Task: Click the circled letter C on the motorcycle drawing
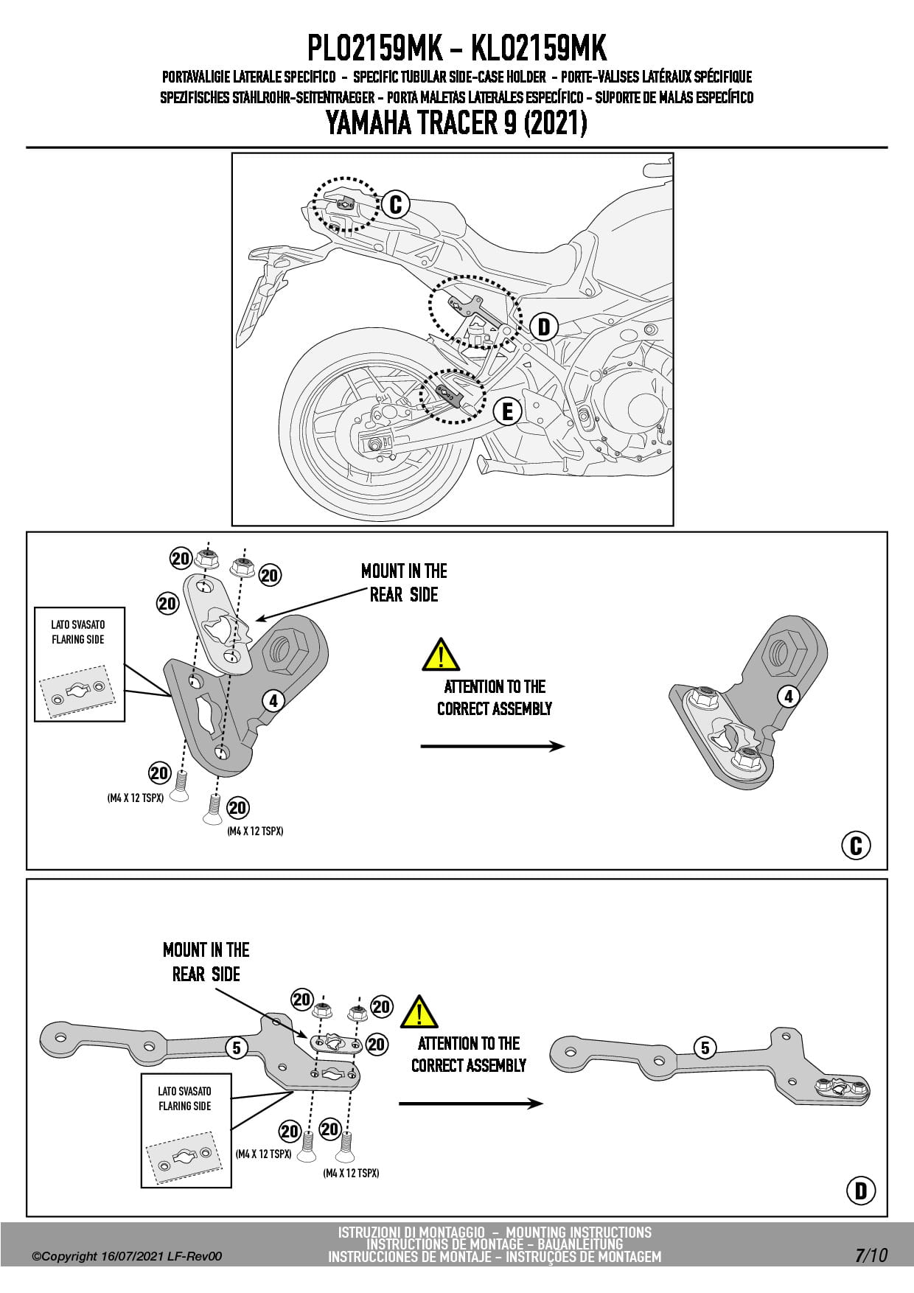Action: point(396,204)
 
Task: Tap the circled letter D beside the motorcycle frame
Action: point(544,327)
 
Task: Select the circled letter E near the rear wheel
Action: point(507,411)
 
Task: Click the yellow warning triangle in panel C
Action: point(440,655)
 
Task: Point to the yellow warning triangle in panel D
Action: point(419,1013)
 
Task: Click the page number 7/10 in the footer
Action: point(871,1255)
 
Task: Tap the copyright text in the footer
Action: point(127,1256)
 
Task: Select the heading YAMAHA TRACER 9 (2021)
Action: point(456,123)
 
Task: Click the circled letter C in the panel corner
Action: point(856,846)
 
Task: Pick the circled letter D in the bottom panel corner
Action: point(861,1191)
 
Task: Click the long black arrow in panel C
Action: point(492,746)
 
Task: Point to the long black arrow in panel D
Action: point(470,1104)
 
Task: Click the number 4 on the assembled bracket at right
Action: point(789,696)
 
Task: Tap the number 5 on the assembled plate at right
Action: point(705,1048)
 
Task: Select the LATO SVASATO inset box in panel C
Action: point(80,663)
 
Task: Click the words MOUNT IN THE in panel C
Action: point(404,571)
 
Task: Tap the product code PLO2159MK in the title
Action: point(374,49)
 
